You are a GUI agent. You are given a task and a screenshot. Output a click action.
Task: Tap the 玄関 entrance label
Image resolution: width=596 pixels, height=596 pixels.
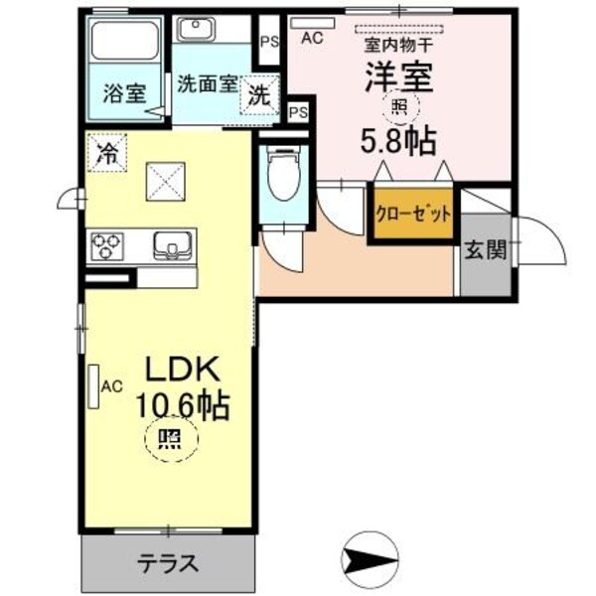[x=485, y=249]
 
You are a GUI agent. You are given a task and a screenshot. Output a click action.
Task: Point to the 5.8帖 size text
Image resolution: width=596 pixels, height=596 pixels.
[x=397, y=140]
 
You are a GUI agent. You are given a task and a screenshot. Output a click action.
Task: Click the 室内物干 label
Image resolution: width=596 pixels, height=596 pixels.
[x=397, y=43]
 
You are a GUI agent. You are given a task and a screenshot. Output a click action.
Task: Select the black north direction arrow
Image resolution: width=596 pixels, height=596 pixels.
[x=366, y=558]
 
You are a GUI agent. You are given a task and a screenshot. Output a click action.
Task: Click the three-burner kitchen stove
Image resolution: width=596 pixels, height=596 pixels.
[x=106, y=245]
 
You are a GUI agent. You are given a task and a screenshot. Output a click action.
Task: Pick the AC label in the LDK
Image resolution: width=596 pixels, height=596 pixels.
[x=111, y=385]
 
